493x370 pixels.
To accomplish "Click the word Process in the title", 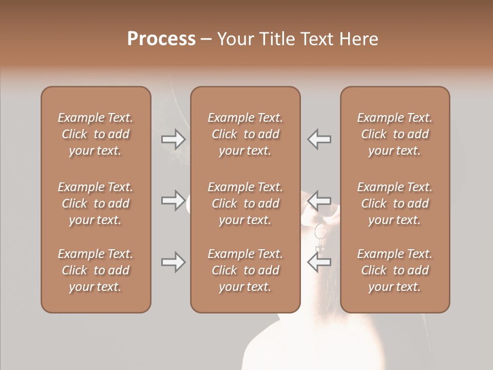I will (161, 39).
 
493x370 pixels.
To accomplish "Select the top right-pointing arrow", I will (174, 139).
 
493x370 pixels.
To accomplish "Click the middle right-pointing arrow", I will (174, 200).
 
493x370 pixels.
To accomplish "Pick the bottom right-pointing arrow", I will (174, 262).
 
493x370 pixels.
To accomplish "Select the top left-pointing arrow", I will (319, 139).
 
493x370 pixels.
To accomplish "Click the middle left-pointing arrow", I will (319, 200).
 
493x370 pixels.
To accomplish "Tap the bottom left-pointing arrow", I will (319, 262).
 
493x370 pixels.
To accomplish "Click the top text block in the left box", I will (96, 134).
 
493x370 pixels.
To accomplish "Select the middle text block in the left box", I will (96, 203).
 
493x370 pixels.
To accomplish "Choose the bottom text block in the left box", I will (96, 270).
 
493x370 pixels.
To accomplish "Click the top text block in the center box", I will (245, 134).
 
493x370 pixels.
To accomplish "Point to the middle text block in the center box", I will (245, 203).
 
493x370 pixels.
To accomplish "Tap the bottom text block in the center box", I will (245, 270).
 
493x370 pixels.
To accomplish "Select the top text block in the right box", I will (394, 134).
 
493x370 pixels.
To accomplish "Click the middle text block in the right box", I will (394, 203).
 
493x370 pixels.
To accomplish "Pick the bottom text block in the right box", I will (394, 270).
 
